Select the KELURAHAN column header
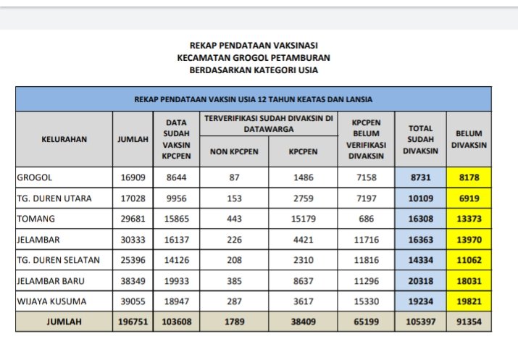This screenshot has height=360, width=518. coord(64,139)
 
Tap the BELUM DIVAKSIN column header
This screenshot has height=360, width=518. coord(469,139)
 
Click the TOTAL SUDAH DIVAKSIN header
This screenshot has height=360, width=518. coord(421,139)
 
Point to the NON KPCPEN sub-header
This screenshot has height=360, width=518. coord(234,152)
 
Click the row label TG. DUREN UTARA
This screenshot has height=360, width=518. coord(56,198)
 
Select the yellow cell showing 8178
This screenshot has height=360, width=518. coord(469,177)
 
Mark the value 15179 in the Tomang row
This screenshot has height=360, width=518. coord(304,218)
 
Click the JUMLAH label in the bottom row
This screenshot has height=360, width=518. coord(64,320)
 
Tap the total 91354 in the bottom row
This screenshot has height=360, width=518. coord(469,320)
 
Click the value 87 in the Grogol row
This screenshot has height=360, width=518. coord(234,177)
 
